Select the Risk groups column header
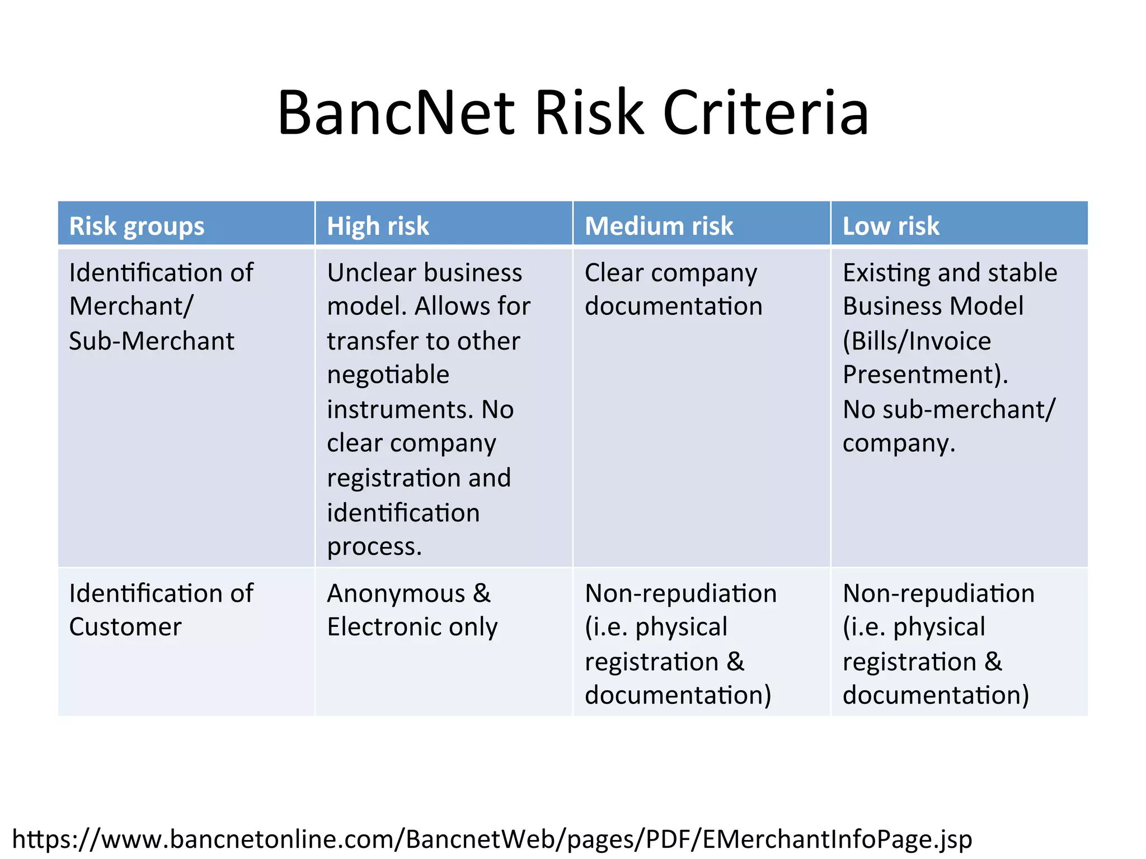point(137,226)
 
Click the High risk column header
point(378,226)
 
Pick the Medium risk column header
point(659,226)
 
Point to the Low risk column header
point(891,226)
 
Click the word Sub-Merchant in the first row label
point(152,341)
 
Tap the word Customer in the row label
point(125,627)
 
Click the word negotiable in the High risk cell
point(388,375)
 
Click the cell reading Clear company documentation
point(673,290)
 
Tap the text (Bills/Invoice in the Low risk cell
point(917,341)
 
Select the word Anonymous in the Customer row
point(396,593)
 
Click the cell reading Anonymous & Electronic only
point(412,610)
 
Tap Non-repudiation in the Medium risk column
point(680,593)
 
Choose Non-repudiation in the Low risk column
point(938,593)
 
